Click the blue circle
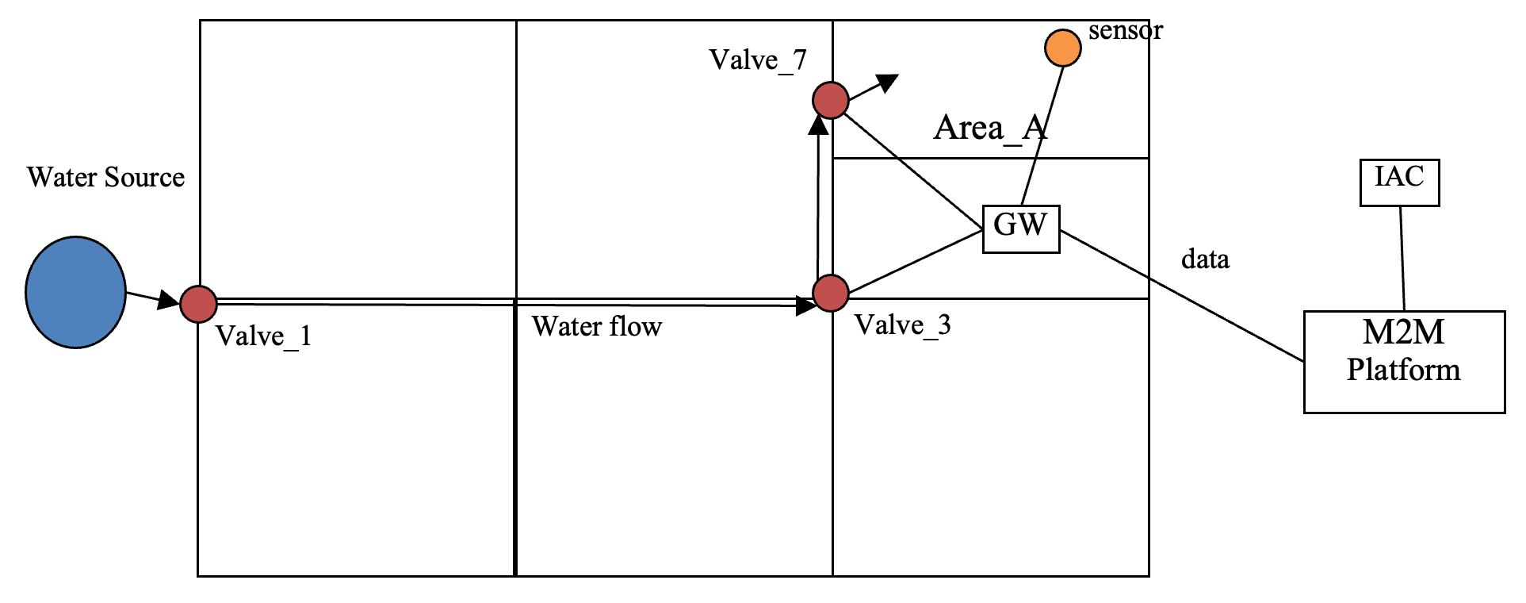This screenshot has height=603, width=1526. click(x=75, y=292)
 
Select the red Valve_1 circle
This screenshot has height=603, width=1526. click(x=199, y=304)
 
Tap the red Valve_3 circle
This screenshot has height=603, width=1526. click(x=831, y=293)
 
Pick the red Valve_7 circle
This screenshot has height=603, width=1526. click(x=831, y=100)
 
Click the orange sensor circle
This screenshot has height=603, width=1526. click(x=1062, y=48)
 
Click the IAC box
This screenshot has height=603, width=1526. click(x=1399, y=182)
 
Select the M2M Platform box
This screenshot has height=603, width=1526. click(x=1404, y=361)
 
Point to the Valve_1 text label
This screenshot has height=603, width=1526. click(x=263, y=336)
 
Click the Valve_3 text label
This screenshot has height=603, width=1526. click(x=902, y=325)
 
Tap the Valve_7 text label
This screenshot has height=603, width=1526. click(x=757, y=60)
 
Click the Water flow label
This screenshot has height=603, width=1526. click(x=596, y=327)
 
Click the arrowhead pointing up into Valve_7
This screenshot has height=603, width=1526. click(x=819, y=125)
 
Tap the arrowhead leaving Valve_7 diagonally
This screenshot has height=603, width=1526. click(x=889, y=82)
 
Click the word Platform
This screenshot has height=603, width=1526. click(x=1403, y=371)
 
